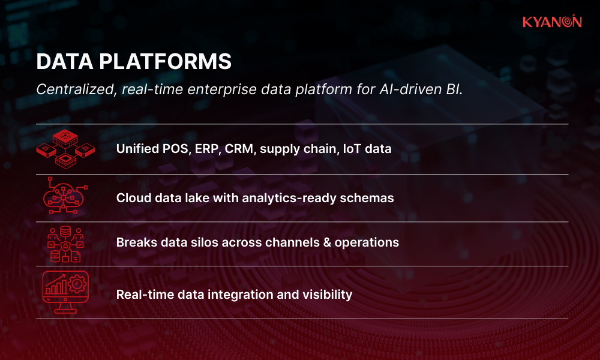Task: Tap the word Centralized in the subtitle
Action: click(x=76, y=89)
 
